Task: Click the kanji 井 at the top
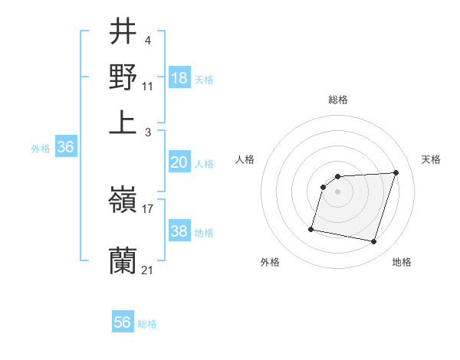(123, 32)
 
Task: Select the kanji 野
(123, 77)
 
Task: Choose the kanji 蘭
(123, 260)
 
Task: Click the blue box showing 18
(179, 78)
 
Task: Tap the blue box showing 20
(179, 162)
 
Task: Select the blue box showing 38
(179, 231)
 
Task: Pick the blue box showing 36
(65, 148)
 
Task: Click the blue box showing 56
(123, 322)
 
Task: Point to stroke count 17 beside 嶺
(148, 208)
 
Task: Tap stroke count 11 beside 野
(148, 86)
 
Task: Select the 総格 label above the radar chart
(338, 100)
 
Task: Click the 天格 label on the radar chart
(431, 159)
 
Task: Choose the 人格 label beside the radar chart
(245, 159)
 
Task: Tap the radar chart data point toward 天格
(396, 172)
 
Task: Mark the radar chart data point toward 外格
(311, 228)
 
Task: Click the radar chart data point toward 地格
(373, 242)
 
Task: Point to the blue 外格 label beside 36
(41, 149)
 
